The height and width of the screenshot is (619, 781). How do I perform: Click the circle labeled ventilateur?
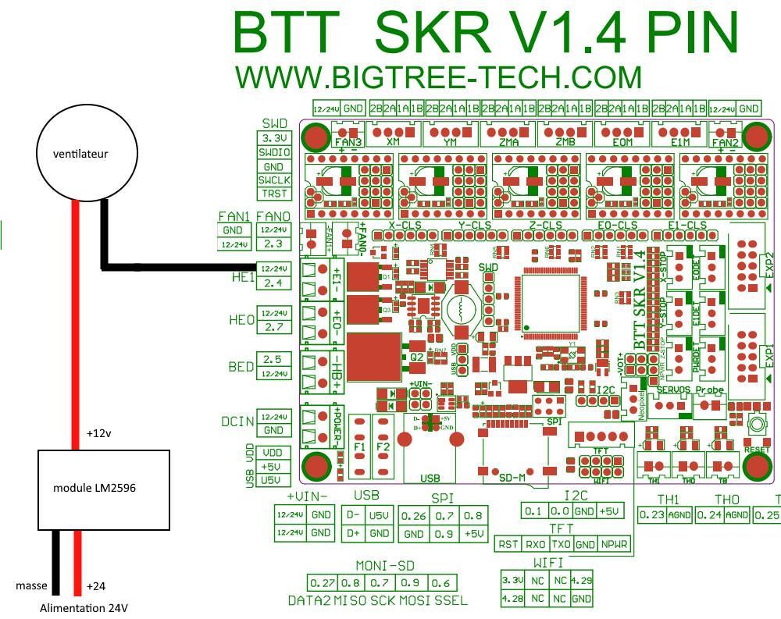point(80,154)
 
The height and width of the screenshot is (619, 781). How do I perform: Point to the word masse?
point(31,585)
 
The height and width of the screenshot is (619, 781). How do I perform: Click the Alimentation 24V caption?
point(84,608)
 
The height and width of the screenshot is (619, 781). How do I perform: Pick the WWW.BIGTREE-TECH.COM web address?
point(438,77)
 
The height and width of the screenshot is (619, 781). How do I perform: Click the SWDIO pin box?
point(274,153)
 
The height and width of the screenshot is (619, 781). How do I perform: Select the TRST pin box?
point(274,194)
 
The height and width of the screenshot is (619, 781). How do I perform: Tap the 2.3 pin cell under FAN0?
point(273,244)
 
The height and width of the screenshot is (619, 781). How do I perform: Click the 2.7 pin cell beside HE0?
point(273,327)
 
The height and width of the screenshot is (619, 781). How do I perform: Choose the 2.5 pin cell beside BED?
point(273,360)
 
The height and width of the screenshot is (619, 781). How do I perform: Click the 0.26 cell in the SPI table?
point(414,516)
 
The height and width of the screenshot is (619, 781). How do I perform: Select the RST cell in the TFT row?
point(509,544)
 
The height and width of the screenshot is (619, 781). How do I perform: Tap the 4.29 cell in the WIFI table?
point(581,581)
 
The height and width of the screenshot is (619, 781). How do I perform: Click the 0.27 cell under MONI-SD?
point(323,582)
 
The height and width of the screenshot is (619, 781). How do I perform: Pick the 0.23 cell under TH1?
point(652,515)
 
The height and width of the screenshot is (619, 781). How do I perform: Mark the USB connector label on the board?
point(430,478)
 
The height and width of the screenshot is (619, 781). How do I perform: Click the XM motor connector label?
point(393,143)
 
